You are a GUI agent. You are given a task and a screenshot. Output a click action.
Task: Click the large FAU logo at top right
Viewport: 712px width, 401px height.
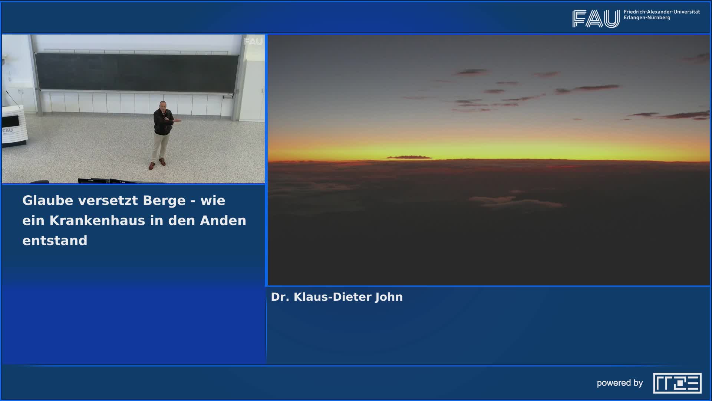point(596,19)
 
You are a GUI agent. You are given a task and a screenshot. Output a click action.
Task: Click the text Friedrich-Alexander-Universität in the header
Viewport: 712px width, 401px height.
point(662,12)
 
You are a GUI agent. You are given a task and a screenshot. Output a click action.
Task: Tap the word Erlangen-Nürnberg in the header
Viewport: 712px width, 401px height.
point(647,18)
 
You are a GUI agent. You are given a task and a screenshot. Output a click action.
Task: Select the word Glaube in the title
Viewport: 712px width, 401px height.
point(48,200)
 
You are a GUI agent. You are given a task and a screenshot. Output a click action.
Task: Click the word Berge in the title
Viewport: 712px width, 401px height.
point(164,200)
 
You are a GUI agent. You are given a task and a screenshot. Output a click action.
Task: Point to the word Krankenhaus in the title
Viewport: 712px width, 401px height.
point(97,221)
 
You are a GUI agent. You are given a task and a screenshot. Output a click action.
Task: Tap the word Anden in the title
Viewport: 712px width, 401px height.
point(223,221)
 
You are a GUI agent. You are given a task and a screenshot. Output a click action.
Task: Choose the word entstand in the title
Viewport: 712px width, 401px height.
point(55,241)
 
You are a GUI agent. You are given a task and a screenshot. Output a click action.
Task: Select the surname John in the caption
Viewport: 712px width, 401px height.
point(389,297)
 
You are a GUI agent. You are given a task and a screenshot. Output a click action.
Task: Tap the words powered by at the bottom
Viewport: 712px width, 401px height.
point(620,383)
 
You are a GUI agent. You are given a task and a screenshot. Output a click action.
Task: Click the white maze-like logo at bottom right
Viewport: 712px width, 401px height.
point(677,383)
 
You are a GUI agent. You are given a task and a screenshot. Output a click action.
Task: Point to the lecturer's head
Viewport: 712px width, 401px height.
point(162,105)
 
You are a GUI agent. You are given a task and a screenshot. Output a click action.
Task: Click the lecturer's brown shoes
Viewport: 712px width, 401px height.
point(156,164)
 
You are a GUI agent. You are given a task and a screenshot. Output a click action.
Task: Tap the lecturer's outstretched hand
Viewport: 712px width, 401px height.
point(179,120)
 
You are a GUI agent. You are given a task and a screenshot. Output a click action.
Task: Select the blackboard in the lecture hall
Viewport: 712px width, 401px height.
point(137,72)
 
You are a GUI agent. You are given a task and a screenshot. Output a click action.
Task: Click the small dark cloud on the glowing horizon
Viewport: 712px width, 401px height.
point(409,157)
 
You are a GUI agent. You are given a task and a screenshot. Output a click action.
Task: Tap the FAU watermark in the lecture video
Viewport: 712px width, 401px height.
point(253,42)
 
